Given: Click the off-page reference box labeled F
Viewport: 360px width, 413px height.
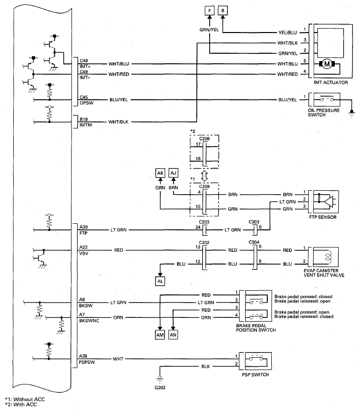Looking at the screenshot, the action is point(210,11).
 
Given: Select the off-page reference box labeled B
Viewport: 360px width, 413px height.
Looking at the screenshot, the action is point(223,11).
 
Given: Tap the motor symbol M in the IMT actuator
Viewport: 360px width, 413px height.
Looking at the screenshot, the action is point(327,64).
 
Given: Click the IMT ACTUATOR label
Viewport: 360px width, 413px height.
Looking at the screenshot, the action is point(330,82).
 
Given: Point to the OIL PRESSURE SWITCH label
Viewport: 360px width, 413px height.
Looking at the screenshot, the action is point(324,112).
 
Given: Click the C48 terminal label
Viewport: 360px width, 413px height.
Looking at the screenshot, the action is point(84,61).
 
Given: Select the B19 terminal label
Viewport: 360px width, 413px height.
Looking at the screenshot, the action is point(83,119).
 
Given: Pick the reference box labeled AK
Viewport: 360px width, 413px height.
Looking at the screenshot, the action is point(160,173).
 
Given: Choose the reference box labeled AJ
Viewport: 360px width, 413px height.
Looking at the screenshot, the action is point(173,173).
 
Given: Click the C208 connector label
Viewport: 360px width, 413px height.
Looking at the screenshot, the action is point(204,138).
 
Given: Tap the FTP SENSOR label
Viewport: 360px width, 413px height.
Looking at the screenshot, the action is point(323,217).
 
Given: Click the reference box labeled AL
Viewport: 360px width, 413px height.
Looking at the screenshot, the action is point(160,281).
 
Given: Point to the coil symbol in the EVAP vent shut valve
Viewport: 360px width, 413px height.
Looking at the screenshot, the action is point(328,257).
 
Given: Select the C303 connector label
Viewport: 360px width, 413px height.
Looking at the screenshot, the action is point(254,222).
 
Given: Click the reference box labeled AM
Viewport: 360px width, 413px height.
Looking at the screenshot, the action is point(160,335).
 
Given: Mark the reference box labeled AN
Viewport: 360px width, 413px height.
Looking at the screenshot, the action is point(173,335).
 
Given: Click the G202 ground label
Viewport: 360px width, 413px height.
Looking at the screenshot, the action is point(160,387).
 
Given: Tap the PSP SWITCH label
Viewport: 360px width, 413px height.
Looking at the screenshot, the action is point(255,375).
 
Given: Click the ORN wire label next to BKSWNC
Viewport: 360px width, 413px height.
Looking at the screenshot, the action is point(118,317).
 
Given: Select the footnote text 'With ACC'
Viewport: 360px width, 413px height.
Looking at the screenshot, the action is point(25,404).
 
